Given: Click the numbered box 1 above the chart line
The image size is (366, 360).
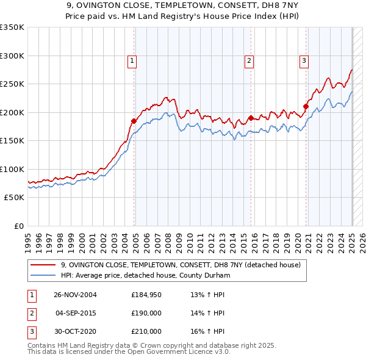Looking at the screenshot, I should [x=132, y=60].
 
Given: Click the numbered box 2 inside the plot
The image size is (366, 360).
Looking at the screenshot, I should [x=249, y=60].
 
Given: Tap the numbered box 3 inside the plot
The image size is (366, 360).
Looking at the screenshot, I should [x=304, y=60].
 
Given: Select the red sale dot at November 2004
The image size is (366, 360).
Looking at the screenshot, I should [x=134, y=121].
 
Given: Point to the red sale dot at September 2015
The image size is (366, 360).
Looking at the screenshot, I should [x=251, y=118].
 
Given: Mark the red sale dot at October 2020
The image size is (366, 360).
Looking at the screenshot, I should [x=306, y=107].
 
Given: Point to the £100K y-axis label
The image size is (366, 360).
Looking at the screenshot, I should [x=12, y=169].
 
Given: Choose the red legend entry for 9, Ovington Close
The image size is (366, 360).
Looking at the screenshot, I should [x=181, y=265].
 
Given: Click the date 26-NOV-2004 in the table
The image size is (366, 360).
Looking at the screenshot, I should [x=76, y=295].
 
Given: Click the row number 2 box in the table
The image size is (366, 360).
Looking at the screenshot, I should [x=30, y=313].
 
